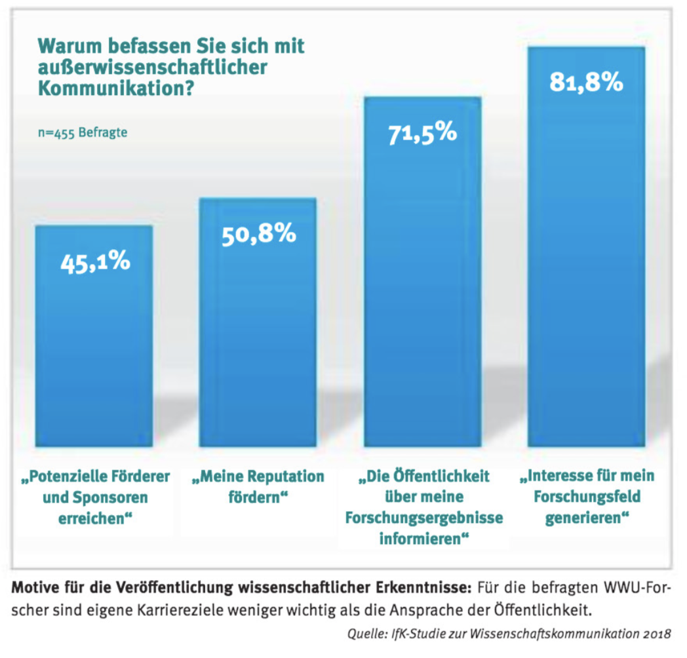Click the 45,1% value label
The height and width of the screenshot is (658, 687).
point(95,261)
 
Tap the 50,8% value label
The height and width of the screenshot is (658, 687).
point(258,234)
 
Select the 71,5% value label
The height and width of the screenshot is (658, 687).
point(422,133)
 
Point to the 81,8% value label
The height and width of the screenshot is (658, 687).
point(586,83)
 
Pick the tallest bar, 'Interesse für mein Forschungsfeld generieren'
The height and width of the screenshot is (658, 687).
point(586,275)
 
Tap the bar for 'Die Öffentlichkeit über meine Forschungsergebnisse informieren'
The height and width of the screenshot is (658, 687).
point(422,295)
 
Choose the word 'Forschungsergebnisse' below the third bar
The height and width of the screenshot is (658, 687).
point(424,518)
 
